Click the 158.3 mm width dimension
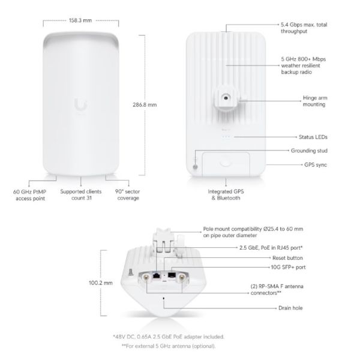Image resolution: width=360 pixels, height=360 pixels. (x=80, y=20)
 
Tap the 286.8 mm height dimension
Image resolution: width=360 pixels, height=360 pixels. (x=145, y=105)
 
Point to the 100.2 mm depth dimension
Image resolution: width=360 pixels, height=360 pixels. (x=101, y=283)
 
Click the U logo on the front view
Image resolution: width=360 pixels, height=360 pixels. (x=80, y=104)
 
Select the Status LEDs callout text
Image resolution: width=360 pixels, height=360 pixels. (x=313, y=137)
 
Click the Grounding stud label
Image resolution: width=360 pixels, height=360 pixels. (x=309, y=151)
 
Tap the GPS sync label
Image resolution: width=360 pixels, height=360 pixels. (x=316, y=165)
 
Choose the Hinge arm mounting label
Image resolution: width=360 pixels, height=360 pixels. (x=315, y=101)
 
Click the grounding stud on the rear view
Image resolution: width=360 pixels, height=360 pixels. (x=196, y=167)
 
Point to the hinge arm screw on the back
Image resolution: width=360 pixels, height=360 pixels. (x=226, y=98)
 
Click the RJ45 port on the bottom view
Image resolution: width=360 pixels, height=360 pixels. (x=157, y=275)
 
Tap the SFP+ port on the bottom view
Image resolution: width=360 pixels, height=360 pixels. (x=172, y=275)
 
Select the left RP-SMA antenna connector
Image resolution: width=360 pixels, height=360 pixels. (x=146, y=277)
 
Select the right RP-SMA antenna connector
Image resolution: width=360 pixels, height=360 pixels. (x=182, y=277)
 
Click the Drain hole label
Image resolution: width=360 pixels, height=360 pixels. (x=290, y=308)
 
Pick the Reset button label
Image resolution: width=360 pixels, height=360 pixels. (x=287, y=258)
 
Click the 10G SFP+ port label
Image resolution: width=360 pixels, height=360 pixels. (x=288, y=267)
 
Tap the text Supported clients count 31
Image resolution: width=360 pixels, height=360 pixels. (x=81, y=194)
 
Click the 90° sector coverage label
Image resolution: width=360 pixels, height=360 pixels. (x=128, y=194)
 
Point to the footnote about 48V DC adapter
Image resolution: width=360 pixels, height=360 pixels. (x=169, y=337)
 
